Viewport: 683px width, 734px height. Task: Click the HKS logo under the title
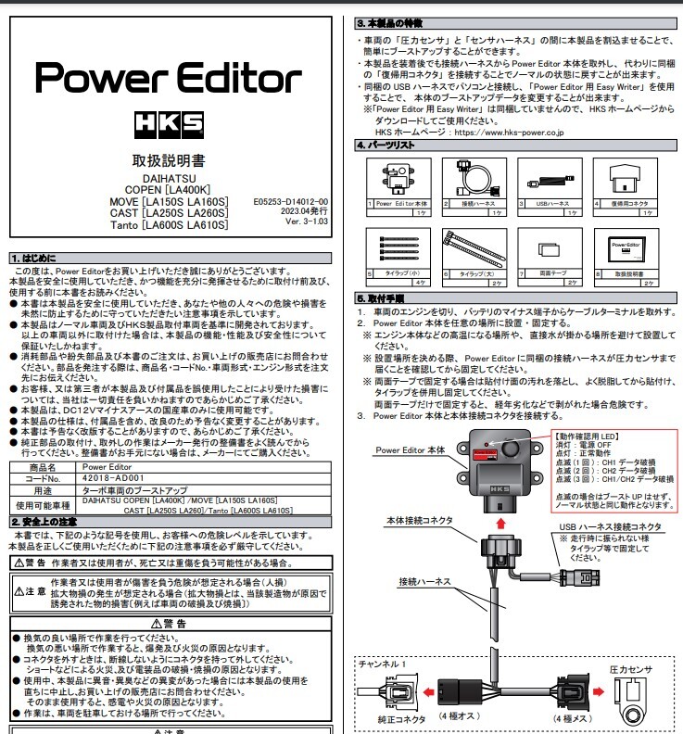(172, 125)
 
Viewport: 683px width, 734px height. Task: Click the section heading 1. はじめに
(34, 257)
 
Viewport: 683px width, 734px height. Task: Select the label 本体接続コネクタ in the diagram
(421, 521)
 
